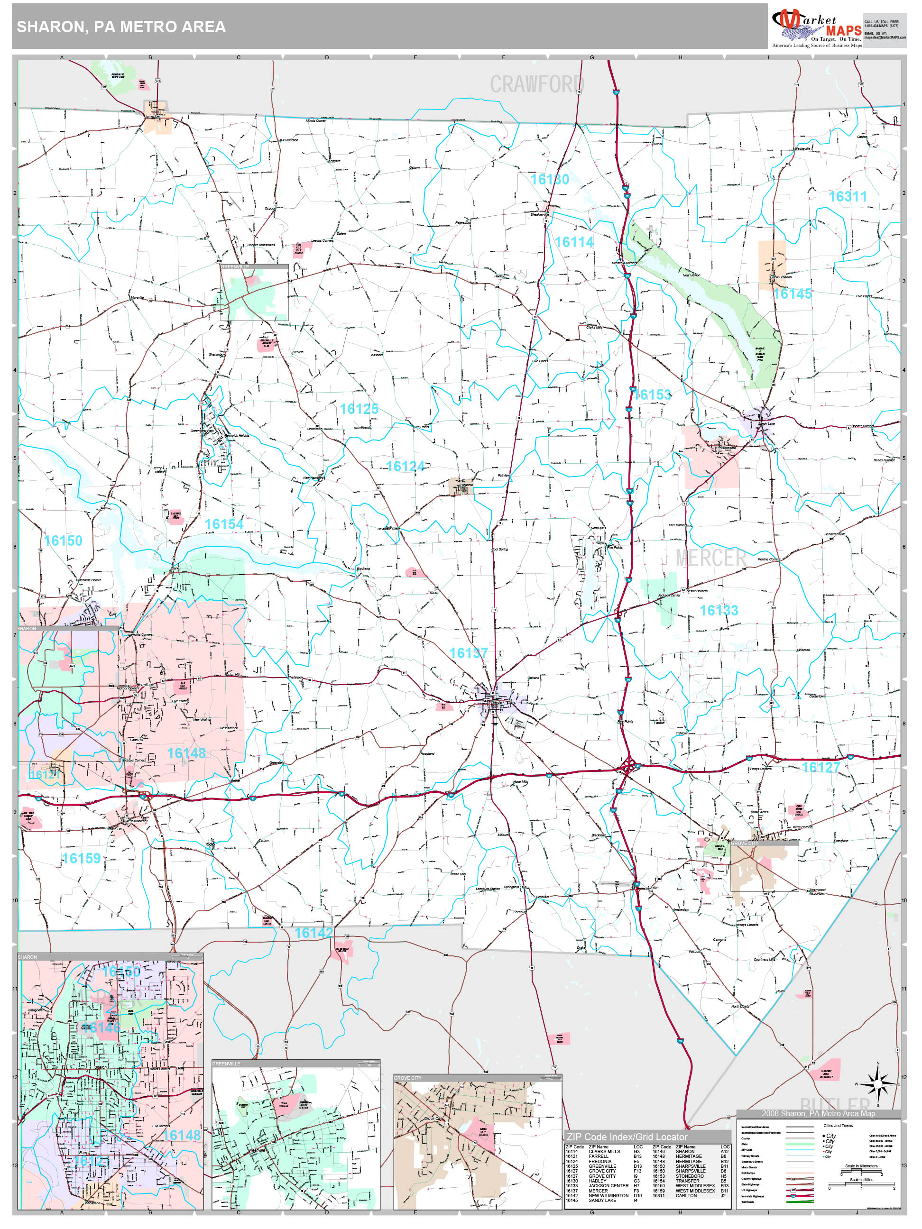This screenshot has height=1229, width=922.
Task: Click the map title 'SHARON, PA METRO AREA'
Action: pos(121,27)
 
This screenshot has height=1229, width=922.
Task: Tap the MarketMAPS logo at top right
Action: pos(816,27)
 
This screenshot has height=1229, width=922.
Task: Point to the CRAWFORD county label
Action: pos(537,84)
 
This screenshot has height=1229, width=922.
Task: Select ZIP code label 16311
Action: pos(847,196)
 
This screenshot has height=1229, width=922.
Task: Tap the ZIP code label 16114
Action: pos(574,242)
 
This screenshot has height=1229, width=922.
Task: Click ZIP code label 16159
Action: pos(81,858)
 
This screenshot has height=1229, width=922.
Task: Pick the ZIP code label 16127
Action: pos(821,767)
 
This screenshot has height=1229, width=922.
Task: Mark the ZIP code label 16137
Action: pos(468,653)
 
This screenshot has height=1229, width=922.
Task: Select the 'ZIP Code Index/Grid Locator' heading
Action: pos(627,1137)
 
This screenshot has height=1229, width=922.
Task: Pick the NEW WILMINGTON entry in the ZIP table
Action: pos(608,1196)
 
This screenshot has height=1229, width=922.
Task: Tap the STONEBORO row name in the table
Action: pos(689,1176)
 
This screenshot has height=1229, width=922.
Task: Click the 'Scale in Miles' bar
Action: pos(861,1187)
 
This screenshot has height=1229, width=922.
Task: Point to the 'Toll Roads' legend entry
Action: pos(747,1202)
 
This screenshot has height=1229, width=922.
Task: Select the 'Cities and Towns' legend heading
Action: pos(838,1126)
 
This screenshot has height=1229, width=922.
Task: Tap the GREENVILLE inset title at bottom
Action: pos(226,1064)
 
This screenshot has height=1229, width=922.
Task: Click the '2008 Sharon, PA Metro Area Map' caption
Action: pos(818,1113)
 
